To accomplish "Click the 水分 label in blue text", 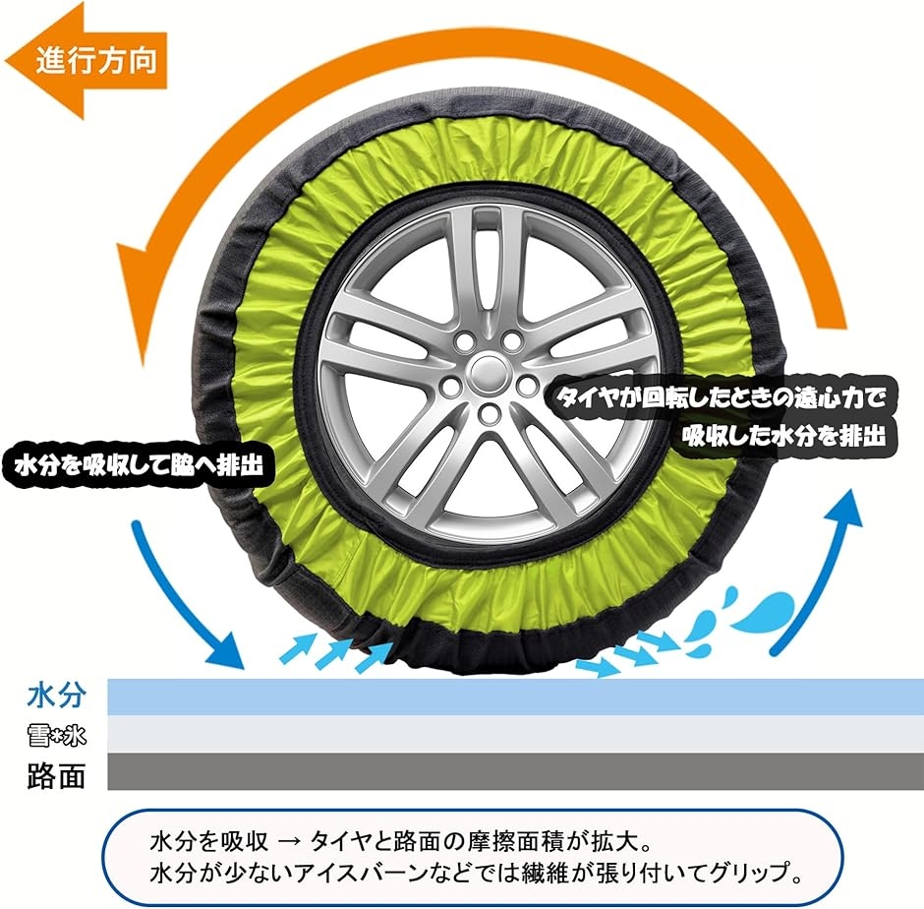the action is (57, 696).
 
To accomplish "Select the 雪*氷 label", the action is (57, 736).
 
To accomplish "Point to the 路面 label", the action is (57, 775).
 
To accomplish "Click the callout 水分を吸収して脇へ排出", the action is (139, 465).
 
